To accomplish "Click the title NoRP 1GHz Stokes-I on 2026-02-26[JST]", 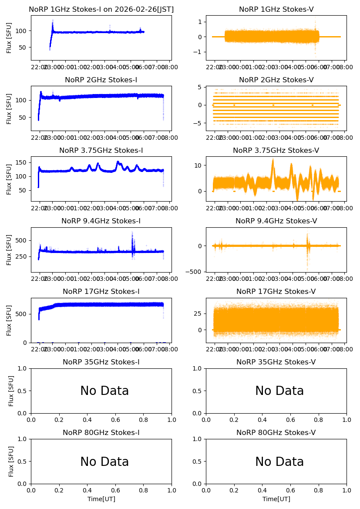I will pos(101,9).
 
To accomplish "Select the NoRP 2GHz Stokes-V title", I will pos(276,80).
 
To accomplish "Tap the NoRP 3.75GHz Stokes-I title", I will pos(101,150).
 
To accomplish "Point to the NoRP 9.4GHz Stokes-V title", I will pos(276,221).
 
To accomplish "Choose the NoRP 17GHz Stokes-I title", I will pos(101,291).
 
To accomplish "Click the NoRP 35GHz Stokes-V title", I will pos(276,362).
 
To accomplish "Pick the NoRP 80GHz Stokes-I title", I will pos(101,432).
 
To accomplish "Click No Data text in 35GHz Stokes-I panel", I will pos(104,391).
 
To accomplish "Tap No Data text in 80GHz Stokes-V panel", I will pos(279,462).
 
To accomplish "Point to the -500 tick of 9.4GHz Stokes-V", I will pos(197,271).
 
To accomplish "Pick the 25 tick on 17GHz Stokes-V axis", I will pos(199,313).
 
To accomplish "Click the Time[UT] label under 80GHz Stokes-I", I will pos(101,499).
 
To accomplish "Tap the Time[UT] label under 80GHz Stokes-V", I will pos(276,499).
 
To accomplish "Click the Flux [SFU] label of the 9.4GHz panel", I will pos(9,249).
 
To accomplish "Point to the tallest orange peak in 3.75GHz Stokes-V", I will pos(273,160).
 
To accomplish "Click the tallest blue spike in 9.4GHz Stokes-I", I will pos(132,232).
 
